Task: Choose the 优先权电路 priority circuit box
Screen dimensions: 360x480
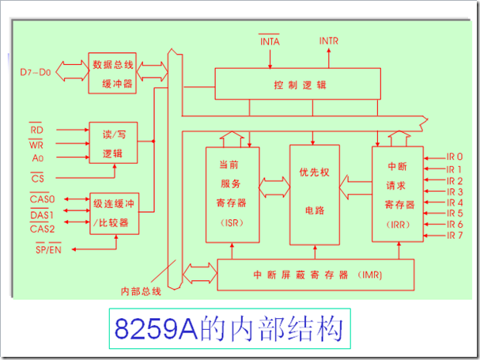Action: [314, 195]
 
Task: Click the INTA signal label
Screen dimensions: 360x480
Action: [270, 40]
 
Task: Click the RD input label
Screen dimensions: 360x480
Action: [36, 129]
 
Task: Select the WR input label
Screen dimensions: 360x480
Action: [36, 144]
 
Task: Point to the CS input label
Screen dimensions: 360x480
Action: [37, 178]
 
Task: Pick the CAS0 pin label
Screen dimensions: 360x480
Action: [41, 199]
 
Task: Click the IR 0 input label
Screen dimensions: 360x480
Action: [454, 157]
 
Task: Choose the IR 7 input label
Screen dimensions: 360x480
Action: [454, 236]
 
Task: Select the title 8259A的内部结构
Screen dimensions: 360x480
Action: [229, 329]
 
